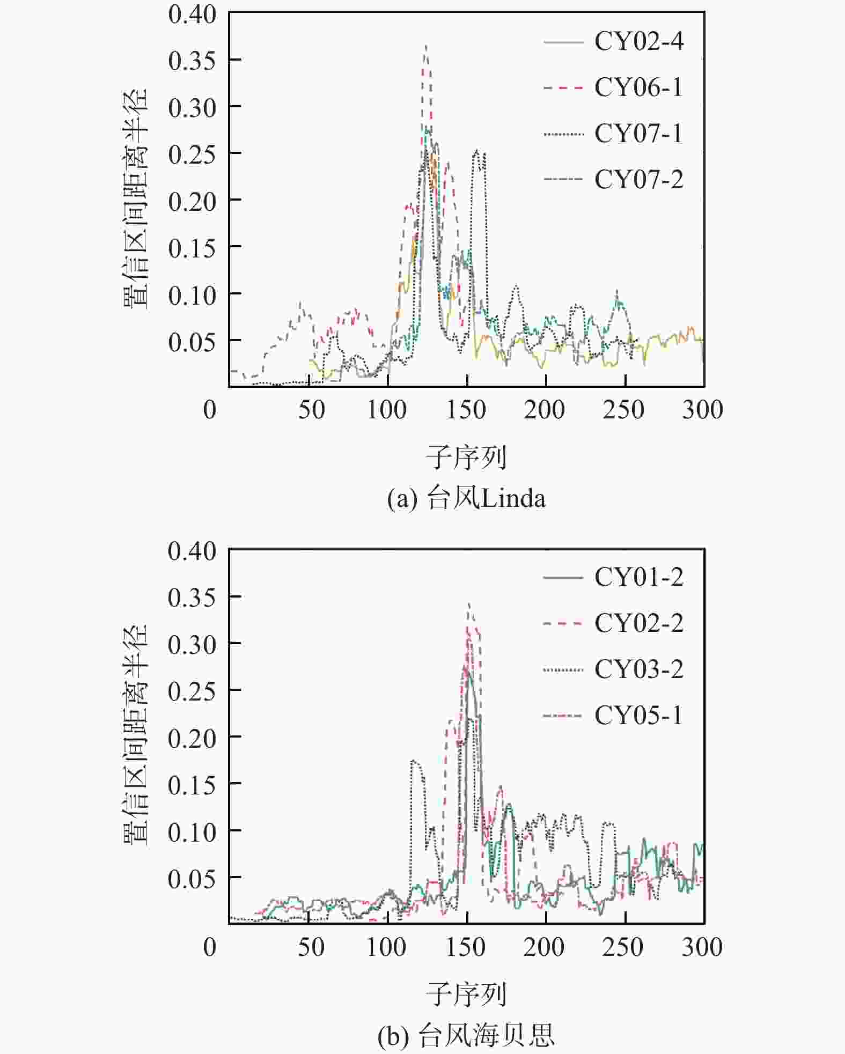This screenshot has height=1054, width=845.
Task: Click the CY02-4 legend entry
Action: [x=638, y=42]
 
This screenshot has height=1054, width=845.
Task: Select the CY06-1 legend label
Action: [x=638, y=88]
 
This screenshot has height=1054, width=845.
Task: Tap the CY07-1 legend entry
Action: [x=638, y=134]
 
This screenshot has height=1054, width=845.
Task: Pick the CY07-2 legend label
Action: [x=638, y=180]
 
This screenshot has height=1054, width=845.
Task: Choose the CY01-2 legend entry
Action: [x=638, y=578]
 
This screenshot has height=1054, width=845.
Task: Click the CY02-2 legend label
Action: [x=638, y=624]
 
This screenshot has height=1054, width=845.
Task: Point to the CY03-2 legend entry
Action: [x=638, y=669]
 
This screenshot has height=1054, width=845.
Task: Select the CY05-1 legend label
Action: [x=638, y=716]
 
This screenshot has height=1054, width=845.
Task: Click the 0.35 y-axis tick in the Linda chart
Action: [x=192, y=61]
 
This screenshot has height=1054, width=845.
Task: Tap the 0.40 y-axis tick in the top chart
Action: [x=192, y=14]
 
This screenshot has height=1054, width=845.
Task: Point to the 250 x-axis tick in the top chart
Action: [x=623, y=410]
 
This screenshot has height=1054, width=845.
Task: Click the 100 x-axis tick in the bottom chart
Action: [x=386, y=948]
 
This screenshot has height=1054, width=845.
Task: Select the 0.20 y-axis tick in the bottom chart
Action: [x=192, y=739]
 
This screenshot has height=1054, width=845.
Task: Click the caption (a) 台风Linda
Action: [x=466, y=499]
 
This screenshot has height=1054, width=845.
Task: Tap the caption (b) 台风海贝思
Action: [x=466, y=1036]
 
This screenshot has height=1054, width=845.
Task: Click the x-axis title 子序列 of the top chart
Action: [x=466, y=458]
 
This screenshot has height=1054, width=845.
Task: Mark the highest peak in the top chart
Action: [x=425, y=46]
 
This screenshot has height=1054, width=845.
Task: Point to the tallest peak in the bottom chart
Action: [x=469, y=604]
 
